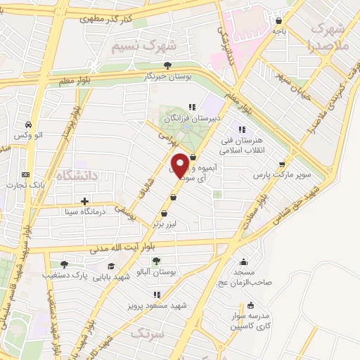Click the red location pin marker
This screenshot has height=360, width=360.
[180, 165]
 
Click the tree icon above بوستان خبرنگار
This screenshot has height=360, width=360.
[167, 65]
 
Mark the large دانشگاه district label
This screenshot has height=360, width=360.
[73, 176]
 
